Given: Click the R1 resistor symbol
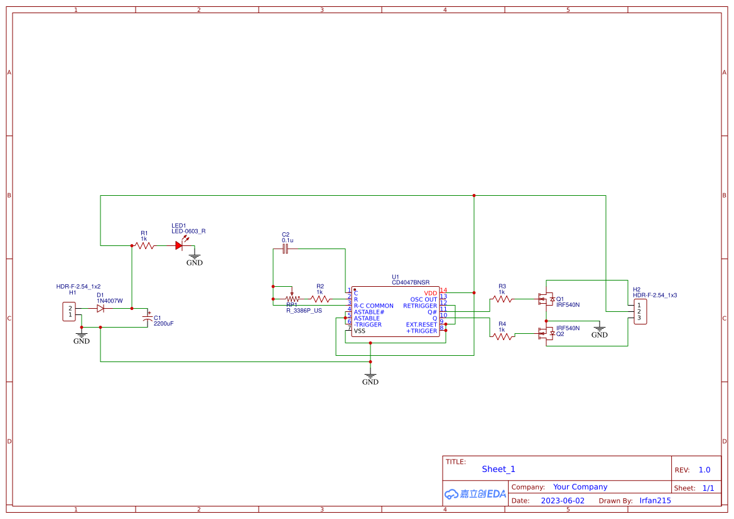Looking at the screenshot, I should click(x=144, y=246).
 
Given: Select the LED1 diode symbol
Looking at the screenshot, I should click(x=180, y=245).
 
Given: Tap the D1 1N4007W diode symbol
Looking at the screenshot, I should click(x=100, y=308).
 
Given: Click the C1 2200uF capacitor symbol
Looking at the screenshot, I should click(x=148, y=318).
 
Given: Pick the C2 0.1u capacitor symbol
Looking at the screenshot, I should click(x=285, y=249).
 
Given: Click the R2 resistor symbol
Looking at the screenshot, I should click(x=320, y=299).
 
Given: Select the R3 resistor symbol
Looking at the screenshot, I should click(x=502, y=299).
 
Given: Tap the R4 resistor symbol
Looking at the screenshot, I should click(x=502, y=337).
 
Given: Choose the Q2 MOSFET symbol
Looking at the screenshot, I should click(x=546, y=334).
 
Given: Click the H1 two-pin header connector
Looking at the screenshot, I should click(x=69, y=311).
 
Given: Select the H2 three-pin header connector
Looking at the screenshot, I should click(x=639, y=311).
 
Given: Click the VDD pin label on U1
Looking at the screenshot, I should click(x=430, y=293).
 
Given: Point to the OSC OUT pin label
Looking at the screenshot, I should click(x=423, y=299).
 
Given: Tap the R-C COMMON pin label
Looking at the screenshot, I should click(x=374, y=306).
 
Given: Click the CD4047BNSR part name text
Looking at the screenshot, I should click(x=411, y=282).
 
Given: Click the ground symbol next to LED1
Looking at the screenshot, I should click(x=195, y=258).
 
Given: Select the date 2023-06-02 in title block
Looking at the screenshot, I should click(x=563, y=501).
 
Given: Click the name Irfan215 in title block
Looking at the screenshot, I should click(x=655, y=501).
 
